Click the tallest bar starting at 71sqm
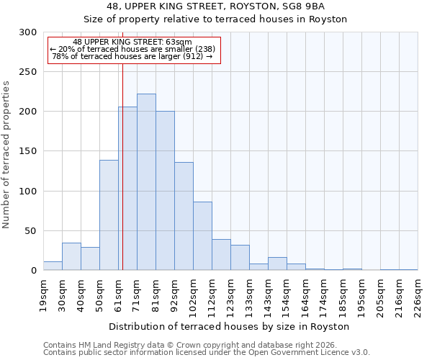[x=146, y=182]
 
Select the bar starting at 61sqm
[x=127, y=189]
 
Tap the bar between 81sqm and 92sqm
[x=165, y=191]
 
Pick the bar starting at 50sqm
[x=109, y=215]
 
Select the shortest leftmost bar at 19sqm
[x=53, y=266]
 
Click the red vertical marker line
[x=123, y=158]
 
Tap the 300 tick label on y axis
[x=28, y=32]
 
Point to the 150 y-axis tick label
[x=28, y=152]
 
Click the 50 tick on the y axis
[x=31, y=231]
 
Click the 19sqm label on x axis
[x=43, y=295]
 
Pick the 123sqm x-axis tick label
[x=230, y=295]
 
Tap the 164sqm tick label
[x=305, y=295]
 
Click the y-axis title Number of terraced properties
[x=6, y=155]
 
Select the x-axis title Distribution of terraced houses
[x=230, y=326]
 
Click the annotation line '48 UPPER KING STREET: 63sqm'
[x=132, y=42]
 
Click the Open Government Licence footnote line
[x=207, y=353]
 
